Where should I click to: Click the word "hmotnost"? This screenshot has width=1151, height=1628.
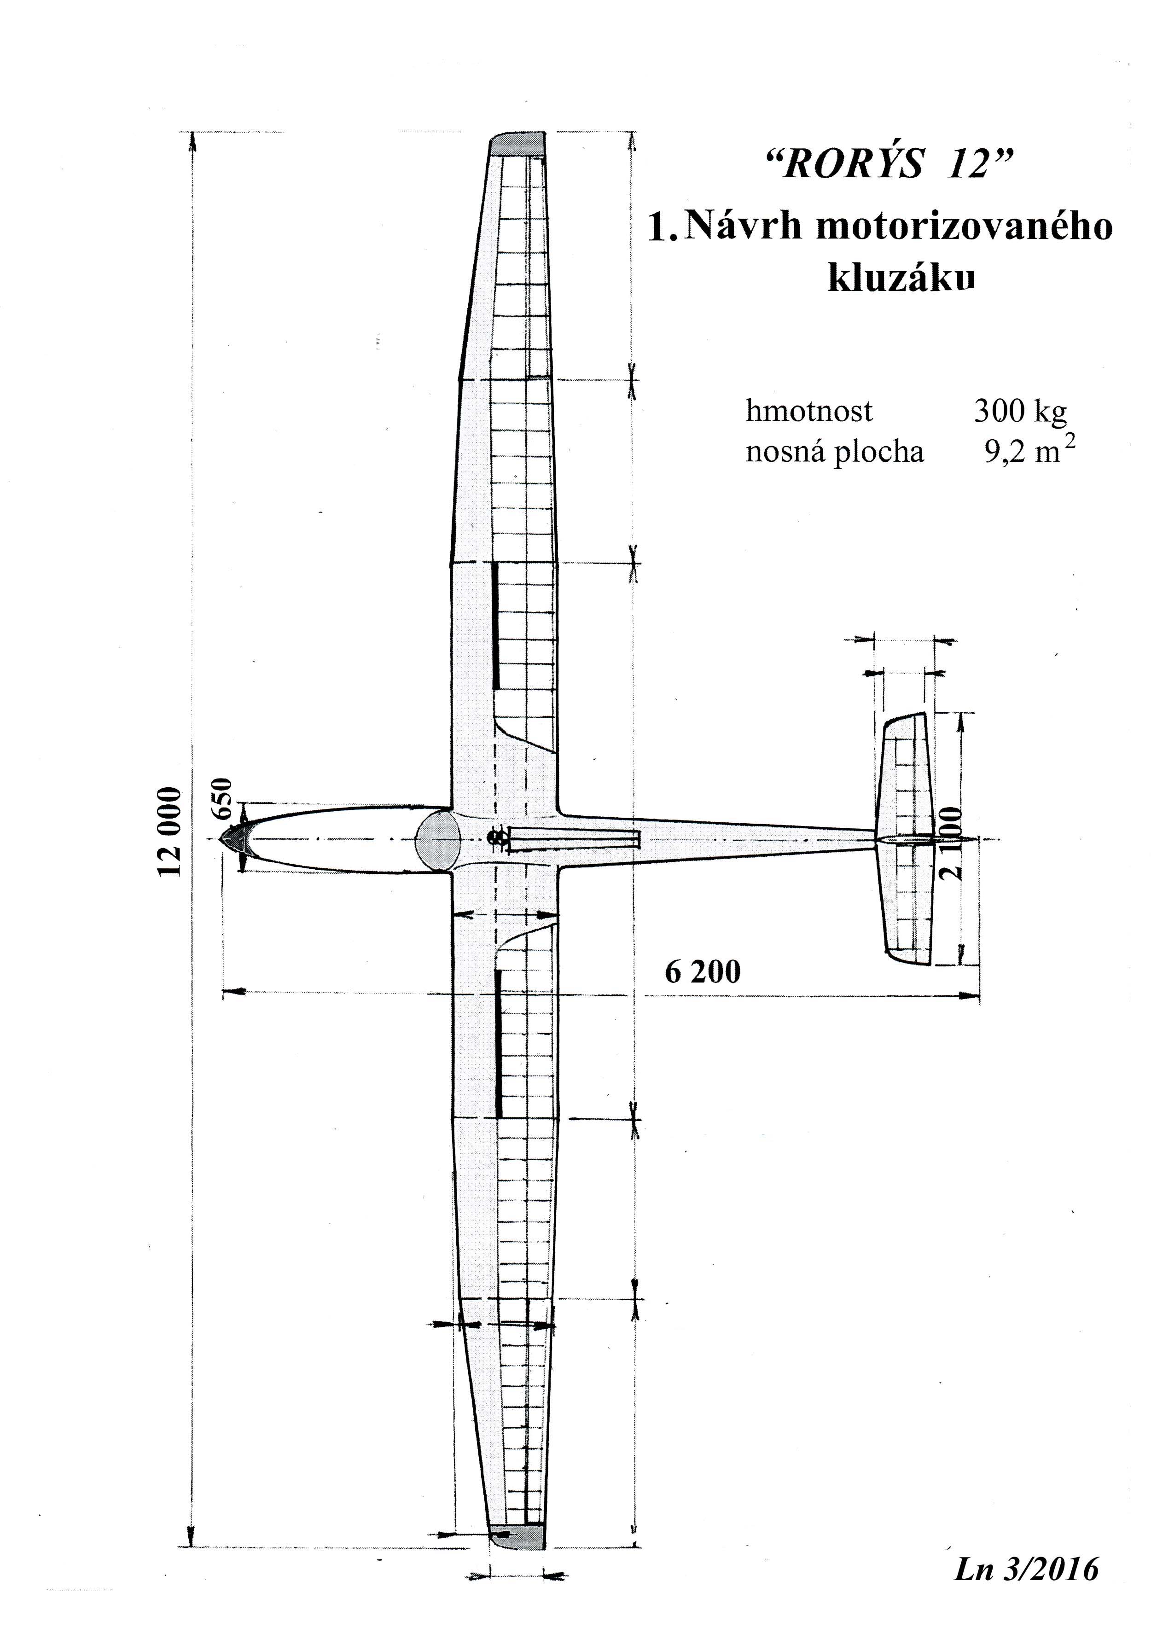click(809, 411)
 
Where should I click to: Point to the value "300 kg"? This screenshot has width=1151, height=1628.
click(1020, 411)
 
